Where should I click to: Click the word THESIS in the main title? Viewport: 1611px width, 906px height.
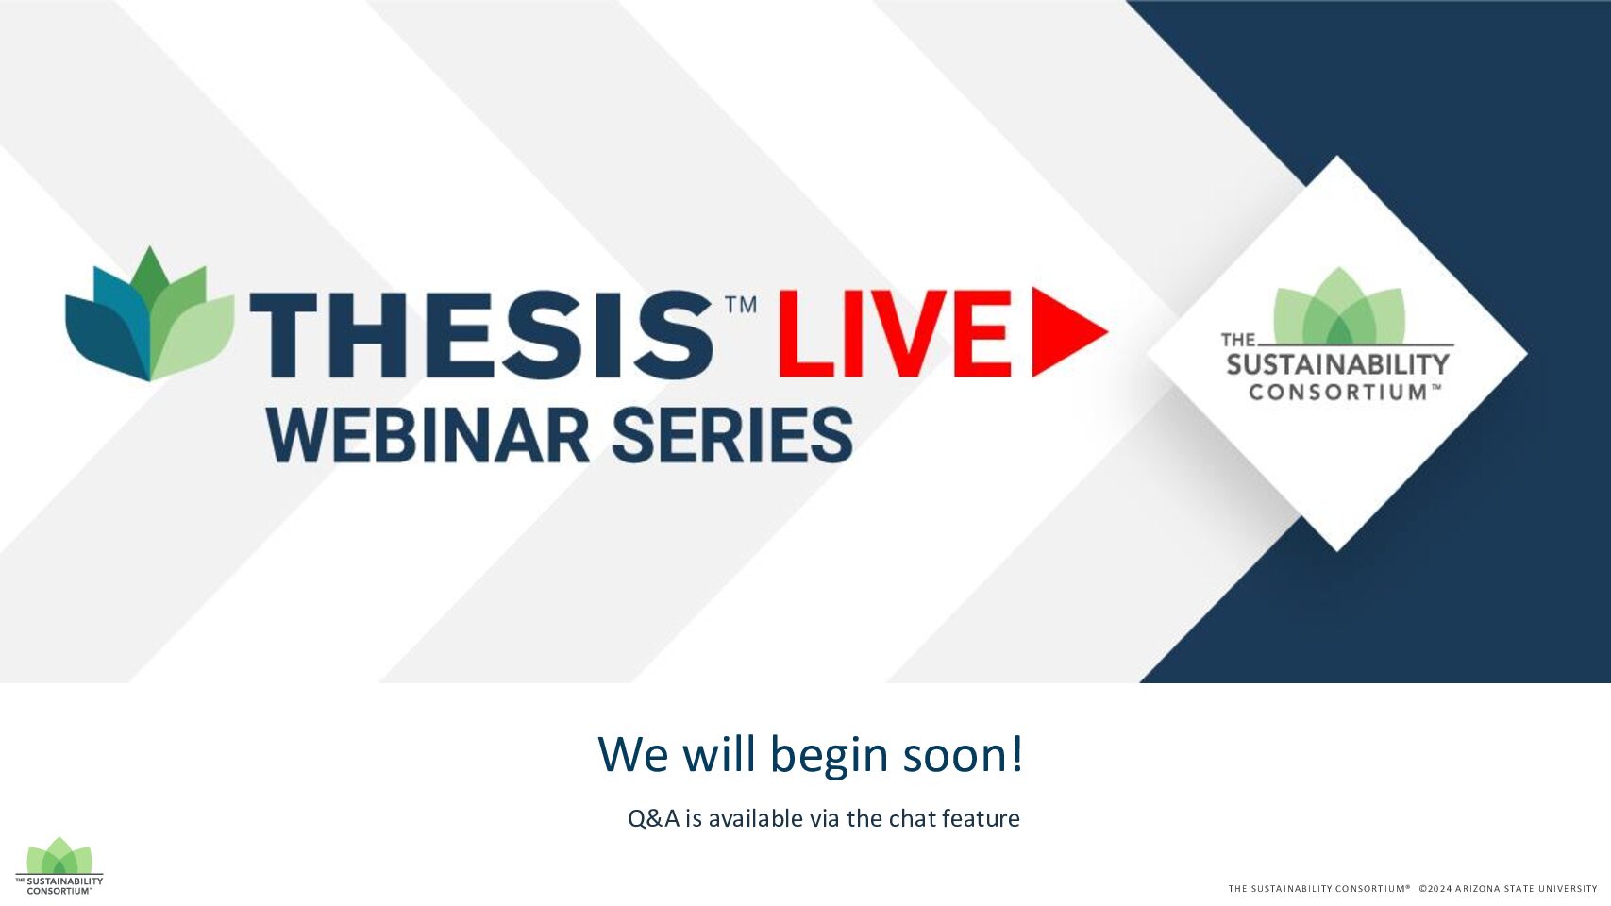(481, 334)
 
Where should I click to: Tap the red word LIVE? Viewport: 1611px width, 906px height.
(895, 333)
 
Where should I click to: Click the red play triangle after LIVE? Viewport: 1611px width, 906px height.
(1069, 331)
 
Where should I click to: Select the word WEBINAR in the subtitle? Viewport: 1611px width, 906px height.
(428, 435)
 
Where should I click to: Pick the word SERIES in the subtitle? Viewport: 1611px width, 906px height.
(732, 435)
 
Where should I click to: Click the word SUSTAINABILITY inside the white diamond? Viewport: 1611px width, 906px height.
(1337, 364)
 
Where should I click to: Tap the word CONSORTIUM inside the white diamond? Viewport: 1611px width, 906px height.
(1337, 392)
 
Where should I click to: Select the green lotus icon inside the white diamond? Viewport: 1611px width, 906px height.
(1339, 306)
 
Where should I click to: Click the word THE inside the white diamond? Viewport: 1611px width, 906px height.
(1237, 340)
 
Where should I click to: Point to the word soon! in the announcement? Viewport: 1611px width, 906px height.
(963, 754)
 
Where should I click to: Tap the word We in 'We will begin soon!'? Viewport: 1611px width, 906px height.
(633, 754)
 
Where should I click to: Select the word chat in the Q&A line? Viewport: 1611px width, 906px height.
(912, 818)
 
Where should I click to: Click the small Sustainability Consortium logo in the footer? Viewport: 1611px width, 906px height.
(59, 866)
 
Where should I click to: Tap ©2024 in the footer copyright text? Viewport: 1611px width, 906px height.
(1435, 889)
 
